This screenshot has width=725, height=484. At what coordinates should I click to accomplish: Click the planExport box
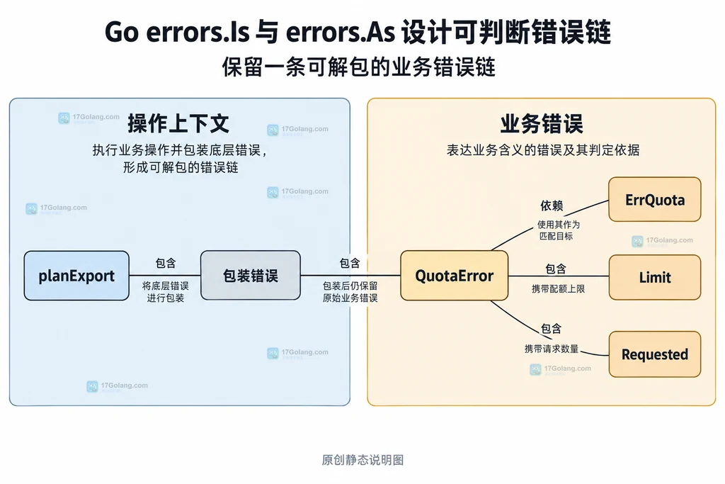click(76, 276)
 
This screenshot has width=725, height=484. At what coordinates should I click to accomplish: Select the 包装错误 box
click(251, 276)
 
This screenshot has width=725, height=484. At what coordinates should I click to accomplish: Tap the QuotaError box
click(454, 276)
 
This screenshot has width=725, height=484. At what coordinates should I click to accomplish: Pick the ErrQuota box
click(655, 199)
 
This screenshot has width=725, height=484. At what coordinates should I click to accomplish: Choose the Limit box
click(655, 277)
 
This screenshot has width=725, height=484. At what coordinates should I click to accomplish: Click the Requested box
click(655, 354)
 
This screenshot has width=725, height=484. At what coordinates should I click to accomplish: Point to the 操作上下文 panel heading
click(178, 123)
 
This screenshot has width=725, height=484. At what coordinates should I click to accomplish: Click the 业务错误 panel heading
click(542, 123)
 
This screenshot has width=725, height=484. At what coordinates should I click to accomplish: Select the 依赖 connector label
click(552, 206)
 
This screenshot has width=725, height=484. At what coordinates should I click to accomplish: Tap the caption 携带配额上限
click(558, 288)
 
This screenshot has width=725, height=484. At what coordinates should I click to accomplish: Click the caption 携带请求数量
click(552, 349)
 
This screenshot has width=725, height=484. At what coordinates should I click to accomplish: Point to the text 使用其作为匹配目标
click(558, 230)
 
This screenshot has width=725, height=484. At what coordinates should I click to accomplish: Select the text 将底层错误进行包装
click(166, 291)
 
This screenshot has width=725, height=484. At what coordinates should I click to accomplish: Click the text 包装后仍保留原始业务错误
click(350, 291)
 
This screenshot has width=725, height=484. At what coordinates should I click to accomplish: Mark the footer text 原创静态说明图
click(362, 459)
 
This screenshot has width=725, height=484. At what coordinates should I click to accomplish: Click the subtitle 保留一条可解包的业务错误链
click(359, 67)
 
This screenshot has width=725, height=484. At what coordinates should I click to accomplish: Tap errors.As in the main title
click(341, 32)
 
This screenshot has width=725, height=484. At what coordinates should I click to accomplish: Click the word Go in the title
click(122, 32)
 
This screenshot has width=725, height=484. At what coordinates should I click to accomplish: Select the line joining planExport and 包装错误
click(165, 276)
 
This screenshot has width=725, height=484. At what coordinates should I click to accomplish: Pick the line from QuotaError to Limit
click(559, 276)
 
